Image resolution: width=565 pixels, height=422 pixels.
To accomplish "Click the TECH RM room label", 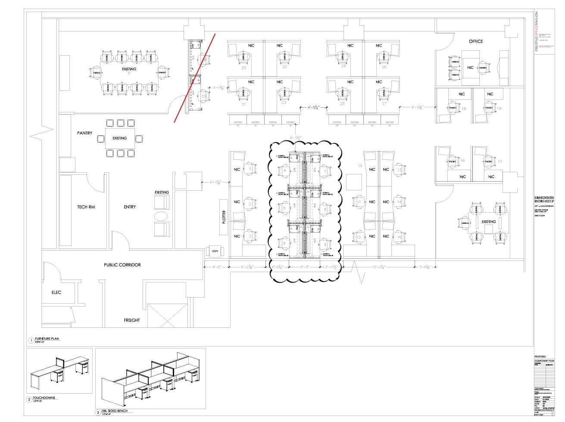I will pyautogui.click(x=86, y=207).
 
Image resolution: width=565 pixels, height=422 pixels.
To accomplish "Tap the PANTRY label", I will pyautogui.click(x=85, y=133).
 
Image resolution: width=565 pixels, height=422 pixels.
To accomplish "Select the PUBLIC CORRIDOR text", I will pyautogui.click(x=122, y=265).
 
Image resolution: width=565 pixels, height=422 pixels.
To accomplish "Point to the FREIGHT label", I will pyautogui.click(x=132, y=320).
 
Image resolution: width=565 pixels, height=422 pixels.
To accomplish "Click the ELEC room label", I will pyautogui.click(x=56, y=292).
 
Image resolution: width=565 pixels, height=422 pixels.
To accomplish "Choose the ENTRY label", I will pyautogui.click(x=130, y=207).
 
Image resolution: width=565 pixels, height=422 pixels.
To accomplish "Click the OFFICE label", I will pyautogui.click(x=476, y=41).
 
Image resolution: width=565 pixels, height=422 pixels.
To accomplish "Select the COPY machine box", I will pyautogui.click(x=215, y=251).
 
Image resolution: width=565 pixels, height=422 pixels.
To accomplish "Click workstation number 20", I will pyautogui.click(x=243, y=68).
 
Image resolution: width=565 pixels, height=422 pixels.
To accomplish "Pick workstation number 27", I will pyautogui.click(x=384, y=103).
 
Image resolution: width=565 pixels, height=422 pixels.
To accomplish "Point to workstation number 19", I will pyautogui.click(x=499, y=109).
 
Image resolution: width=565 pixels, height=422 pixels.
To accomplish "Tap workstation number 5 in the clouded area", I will pyautogui.click(x=284, y=208).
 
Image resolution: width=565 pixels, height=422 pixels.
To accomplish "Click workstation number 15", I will pyautogui.click(x=400, y=237).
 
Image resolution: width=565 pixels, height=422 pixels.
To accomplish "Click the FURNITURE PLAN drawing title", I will pyautogui.click(x=48, y=339).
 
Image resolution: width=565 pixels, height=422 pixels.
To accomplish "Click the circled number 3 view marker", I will pyautogui.click(x=98, y=413).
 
